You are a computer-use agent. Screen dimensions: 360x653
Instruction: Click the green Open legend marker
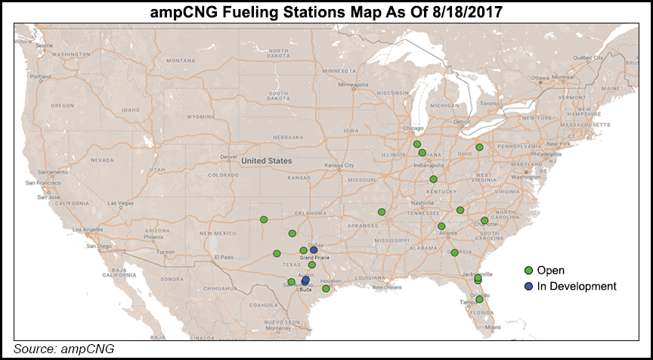pyautogui.click(x=530, y=271)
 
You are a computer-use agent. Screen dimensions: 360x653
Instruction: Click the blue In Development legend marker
pyautogui.click(x=530, y=286)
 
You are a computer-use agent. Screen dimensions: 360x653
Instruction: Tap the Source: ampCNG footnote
pyautogui.click(x=63, y=349)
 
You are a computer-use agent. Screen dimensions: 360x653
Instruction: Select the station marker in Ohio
pyautogui.click(x=479, y=147)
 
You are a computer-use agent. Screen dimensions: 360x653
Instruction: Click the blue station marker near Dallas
pyautogui.click(x=314, y=250)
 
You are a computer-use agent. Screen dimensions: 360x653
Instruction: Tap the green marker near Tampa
pyautogui.click(x=479, y=299)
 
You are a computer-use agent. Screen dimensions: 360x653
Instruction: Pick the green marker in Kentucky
pyautogui.click(x=433, y=179)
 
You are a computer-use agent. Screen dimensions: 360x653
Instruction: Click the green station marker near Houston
pyautogui.click(x=326, y=288)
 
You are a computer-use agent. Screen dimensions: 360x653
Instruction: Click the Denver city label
pyautogui.click(x=226, y=157)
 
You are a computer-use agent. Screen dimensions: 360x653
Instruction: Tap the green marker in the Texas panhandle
pyautogui.click(x=264, y=219)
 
